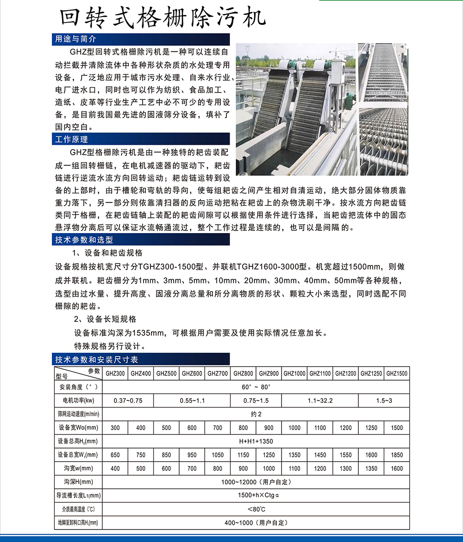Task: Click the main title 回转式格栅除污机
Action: [163, 17]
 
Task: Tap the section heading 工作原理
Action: [72, 139]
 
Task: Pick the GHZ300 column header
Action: [115, 373]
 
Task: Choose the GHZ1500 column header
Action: [397, 373]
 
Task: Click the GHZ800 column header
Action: [243, 373]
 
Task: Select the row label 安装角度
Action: [76, 387]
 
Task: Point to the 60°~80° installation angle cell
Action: [256, 387]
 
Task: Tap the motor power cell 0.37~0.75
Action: [128, 400]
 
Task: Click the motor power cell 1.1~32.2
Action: [320, 400]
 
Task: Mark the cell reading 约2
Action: [256, 414]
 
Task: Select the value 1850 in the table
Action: [397, 455]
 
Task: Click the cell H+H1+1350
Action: [256, 441]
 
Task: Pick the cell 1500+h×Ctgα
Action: [256, 496]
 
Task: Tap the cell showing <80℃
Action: [256, 509]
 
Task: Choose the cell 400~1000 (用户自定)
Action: [256, 523]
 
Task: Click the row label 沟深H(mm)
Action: [76, 482]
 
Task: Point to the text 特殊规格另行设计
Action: [111, 346]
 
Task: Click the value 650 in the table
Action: [115, 455]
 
